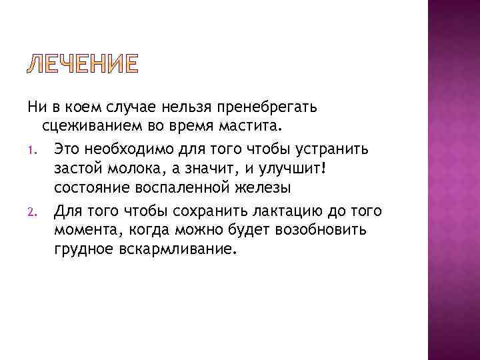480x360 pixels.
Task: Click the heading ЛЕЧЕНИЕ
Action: [x=83, y=65]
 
